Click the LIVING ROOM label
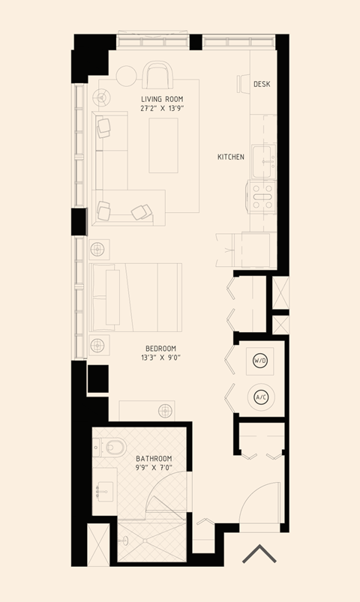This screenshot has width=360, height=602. tap(161, 99)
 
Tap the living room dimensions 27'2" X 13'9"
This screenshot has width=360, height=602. tap(161, 109)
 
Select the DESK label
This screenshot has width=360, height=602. tap(262, 84)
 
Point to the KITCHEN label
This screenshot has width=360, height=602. tap(230, 157)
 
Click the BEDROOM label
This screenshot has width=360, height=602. tap(161, 348)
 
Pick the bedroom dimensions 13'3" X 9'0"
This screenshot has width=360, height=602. tap(161, 358)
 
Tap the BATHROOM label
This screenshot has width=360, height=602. tap(154, 458)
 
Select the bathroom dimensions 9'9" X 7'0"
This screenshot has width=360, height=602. tap(154, 468)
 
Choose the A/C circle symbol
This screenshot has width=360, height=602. tap(261, 397)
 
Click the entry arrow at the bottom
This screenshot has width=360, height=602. tap(259, 554)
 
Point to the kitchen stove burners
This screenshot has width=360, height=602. tap(263, 196)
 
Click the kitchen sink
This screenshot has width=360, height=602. tap(263, 158)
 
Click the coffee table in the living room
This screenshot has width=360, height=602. tap(163, 145)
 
